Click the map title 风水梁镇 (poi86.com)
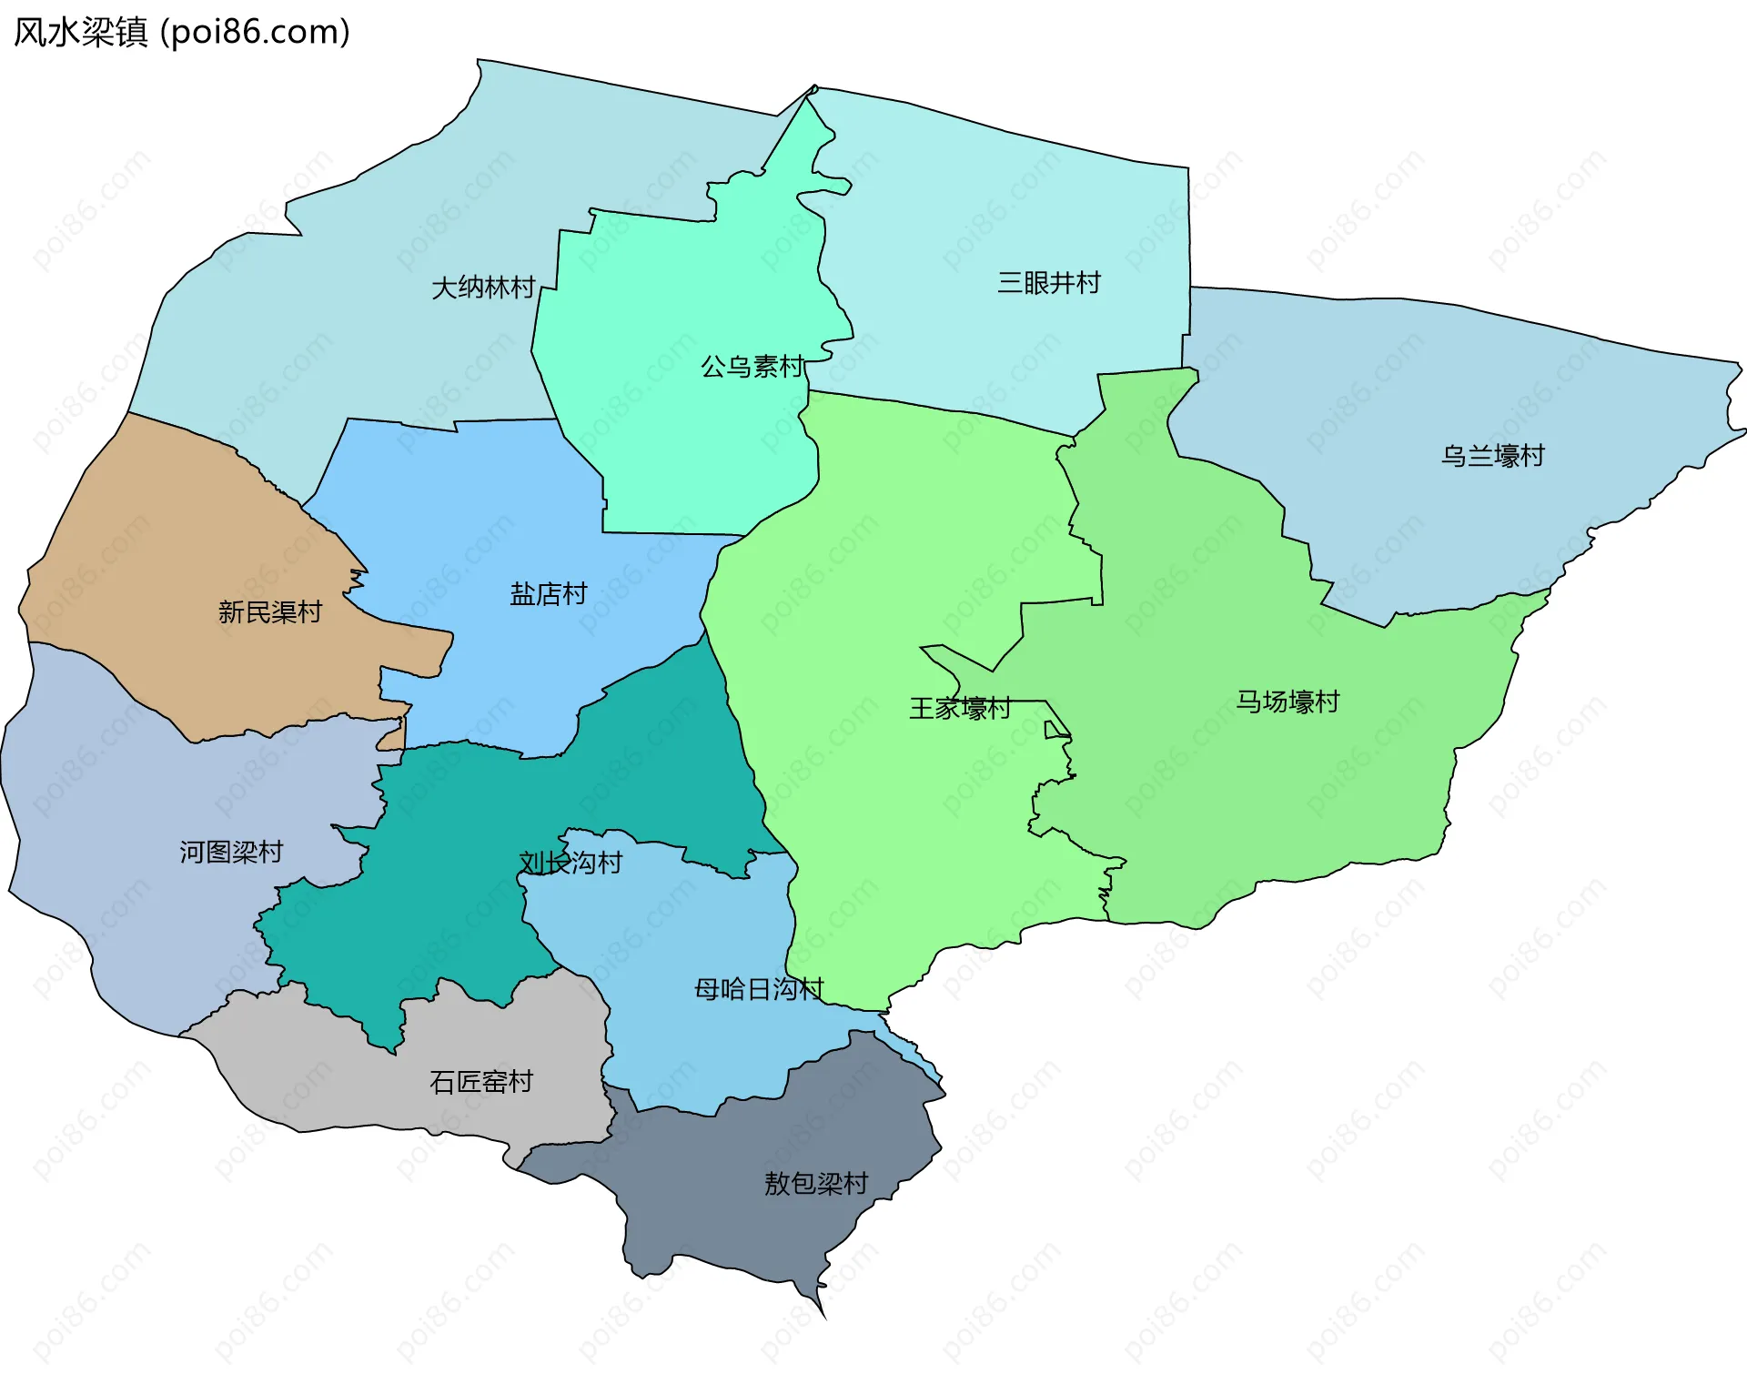(x=182, y=33)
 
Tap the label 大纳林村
(x=483, y=288)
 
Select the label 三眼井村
(x=1049, y=283)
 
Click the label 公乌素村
(x=752, y=367)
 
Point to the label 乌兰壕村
(x=1493, y=456)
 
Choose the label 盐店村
(x=549, y=594)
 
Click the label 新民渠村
(x=270, y=612)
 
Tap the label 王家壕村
(x=960, y=709)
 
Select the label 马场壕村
(x=1288, y=702)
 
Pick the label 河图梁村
(x=231, y=853)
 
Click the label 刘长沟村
(x=571, y=863)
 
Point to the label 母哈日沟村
(x=759, y=989)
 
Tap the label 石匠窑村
(x=481, y=1082)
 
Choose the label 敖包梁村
(x=816, y=1184)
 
